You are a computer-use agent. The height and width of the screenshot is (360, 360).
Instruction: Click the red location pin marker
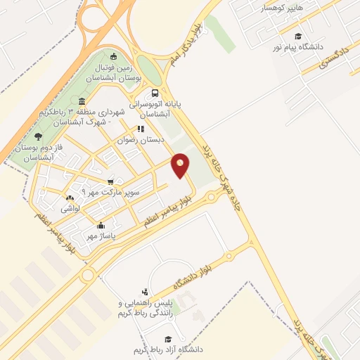pos(181,165)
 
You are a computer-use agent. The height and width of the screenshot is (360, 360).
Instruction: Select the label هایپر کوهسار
pos(282,8)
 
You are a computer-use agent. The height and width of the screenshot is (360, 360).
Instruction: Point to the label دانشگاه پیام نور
pos(300,46)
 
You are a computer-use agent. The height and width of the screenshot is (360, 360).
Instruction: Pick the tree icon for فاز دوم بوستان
pos(38,136)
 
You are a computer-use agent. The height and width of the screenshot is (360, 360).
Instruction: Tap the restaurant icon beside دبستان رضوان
pos(141,129)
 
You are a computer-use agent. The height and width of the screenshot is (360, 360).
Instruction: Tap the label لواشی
pos(72,208)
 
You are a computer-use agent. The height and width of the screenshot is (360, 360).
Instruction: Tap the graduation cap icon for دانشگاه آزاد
pos(167,339)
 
